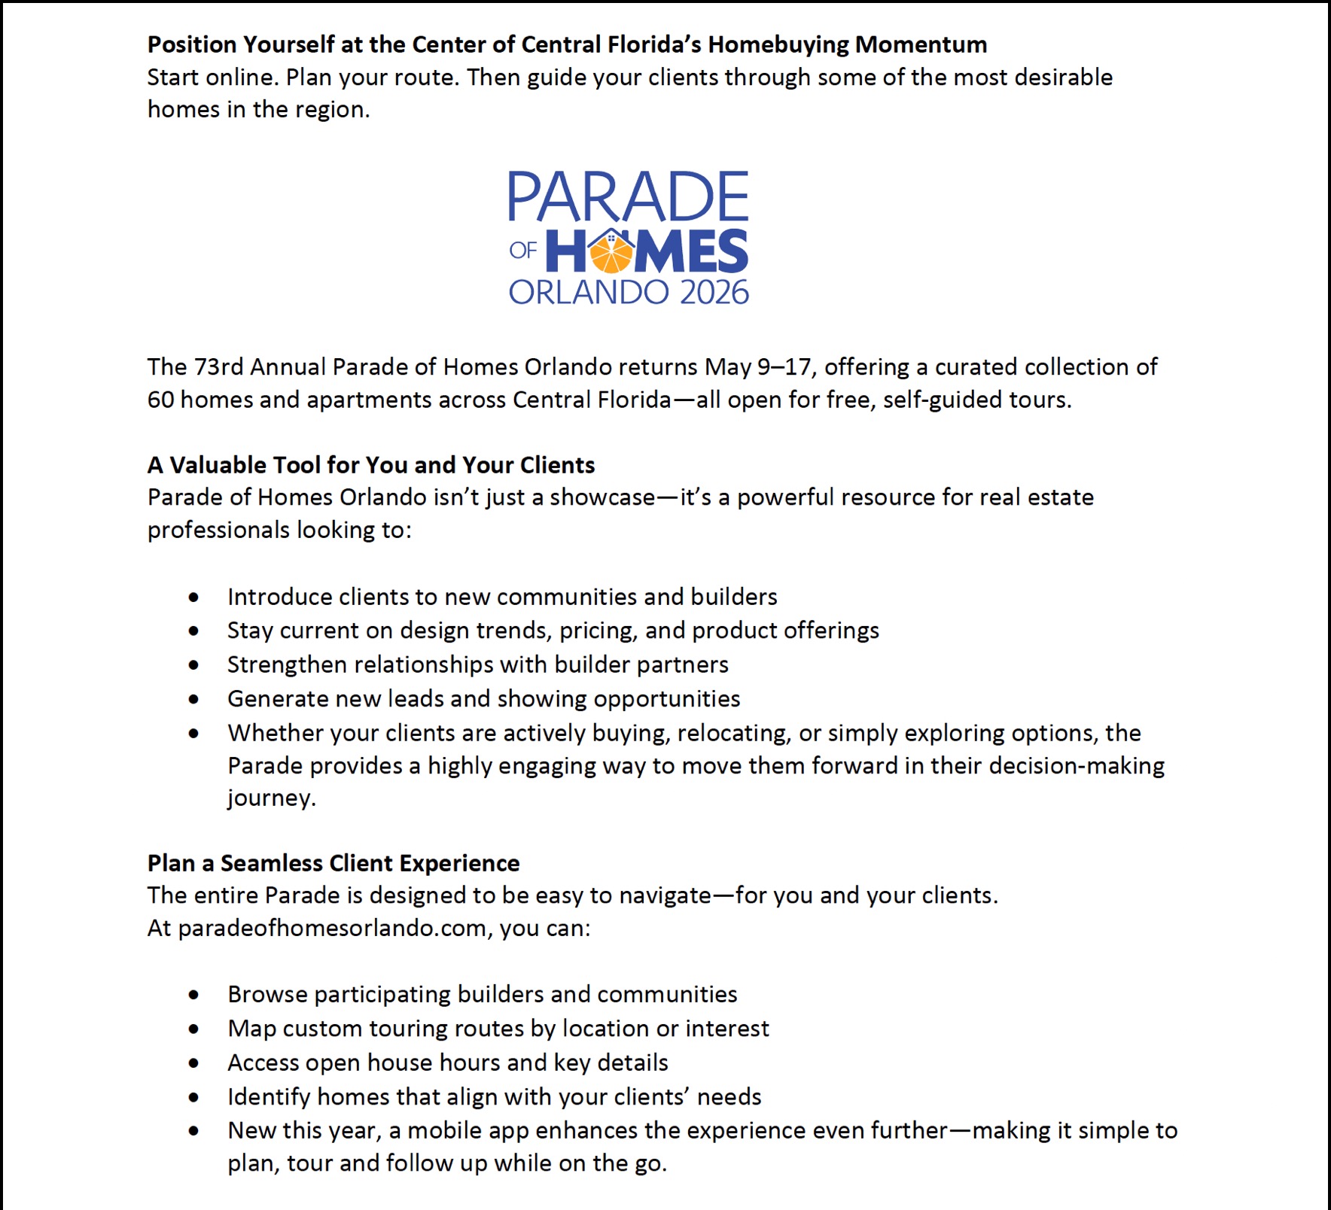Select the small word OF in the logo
pyautogui.click(x=522, y=251)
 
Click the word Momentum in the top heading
pyautogui.click(x=921, y=44)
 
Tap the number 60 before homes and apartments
pyautogui.click(x=160, y=399)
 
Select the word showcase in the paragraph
pyautogui.click(x=602, y=497)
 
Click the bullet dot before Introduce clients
pyautogui.click(x=194, y=597)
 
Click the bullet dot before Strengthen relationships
pyautogui.click(x=194, y=665)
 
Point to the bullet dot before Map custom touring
pyautogui.click(x=194, y=1029)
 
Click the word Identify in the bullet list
pyautogui.click(x=270, y=1097)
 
